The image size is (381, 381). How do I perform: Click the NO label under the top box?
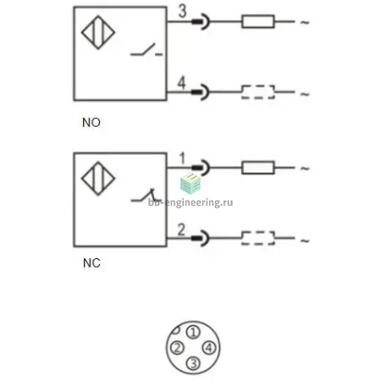tap(91, 123)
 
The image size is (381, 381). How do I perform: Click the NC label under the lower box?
tap(91, 263)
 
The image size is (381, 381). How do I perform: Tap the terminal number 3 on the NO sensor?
tap(183, 11)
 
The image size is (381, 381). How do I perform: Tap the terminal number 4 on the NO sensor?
tap(181, 83)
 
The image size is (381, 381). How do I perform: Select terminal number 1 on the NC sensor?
tap(182, 158)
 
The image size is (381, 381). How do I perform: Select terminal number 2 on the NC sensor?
tap(181, 229)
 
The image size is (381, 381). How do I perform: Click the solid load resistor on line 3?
tap(258, 21)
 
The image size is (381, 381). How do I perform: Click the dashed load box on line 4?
tap(258, 92)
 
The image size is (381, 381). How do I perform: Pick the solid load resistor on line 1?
tap(258, 168)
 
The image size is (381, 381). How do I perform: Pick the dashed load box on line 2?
tap(258, 238)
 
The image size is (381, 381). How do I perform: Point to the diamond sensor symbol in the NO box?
tap(98, 32)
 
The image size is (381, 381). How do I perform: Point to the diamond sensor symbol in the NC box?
tap(98, 179)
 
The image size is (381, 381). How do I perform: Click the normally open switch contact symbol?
tap(146, 50)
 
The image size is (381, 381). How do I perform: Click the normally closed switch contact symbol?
tap(146, 196)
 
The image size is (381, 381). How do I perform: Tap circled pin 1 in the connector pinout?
tap(193, 332)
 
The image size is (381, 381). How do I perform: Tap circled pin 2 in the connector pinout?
tap(177, 348)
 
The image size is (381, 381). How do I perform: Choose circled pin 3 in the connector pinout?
tap(193, 363)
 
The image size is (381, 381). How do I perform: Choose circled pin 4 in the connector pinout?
tap(209, 348)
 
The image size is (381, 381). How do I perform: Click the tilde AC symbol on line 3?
tap(305, 22)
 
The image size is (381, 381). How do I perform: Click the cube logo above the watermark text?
tap(190, 183)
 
